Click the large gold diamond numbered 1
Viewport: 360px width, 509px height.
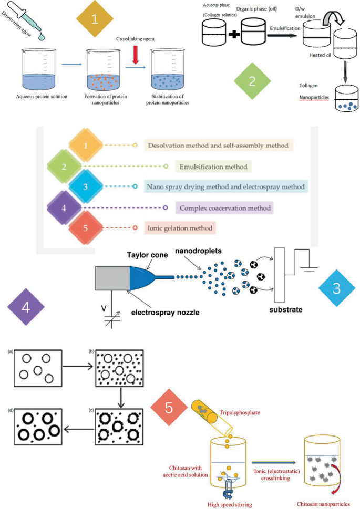[x=95, y=19]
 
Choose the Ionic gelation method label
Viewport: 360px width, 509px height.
[x=180, y=228]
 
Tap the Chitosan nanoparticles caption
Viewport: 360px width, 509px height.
[x=326, y=503]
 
